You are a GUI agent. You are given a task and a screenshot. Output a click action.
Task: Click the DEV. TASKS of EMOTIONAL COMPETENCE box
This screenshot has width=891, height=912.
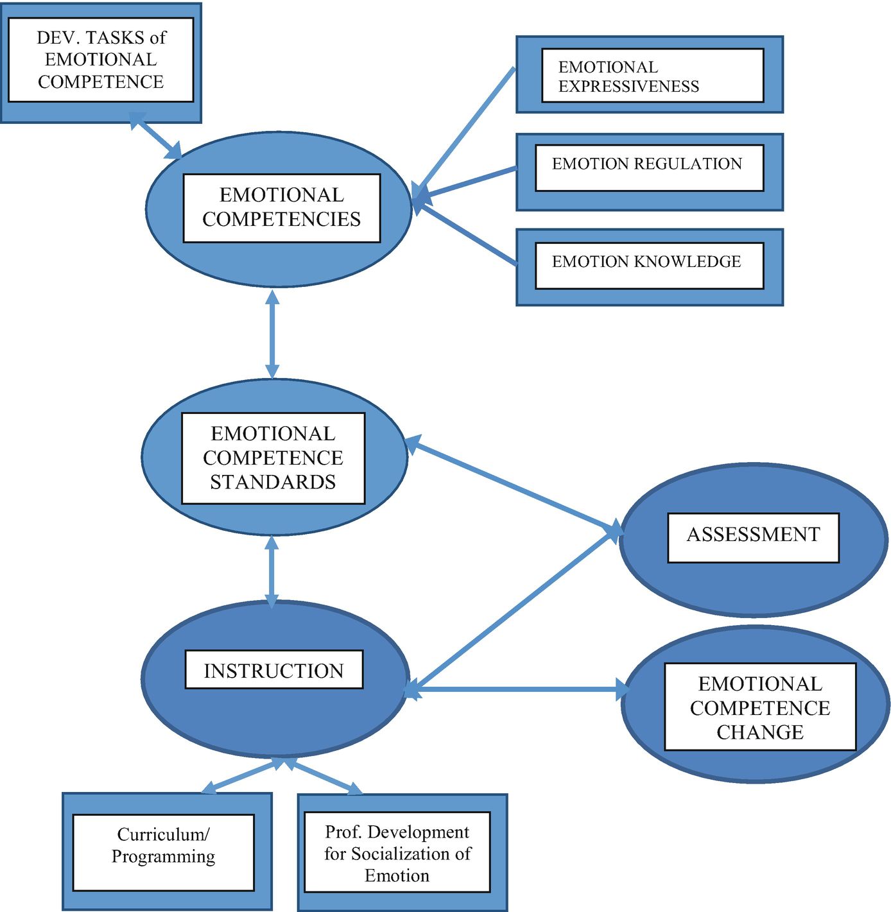101,60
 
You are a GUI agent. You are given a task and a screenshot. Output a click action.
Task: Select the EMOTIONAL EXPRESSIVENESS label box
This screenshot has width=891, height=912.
652,76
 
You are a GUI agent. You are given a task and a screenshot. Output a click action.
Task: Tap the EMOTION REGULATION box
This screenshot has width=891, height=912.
649,168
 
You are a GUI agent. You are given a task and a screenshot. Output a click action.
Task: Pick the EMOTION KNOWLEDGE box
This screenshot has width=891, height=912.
649,265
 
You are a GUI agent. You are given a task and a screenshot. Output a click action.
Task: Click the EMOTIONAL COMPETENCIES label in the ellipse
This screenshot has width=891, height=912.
281,208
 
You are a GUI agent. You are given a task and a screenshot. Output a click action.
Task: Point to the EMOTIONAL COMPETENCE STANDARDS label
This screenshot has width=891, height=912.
273,458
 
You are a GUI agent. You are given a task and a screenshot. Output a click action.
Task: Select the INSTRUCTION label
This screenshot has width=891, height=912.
273,670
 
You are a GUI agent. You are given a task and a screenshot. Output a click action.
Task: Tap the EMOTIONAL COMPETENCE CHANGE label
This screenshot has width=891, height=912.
760,707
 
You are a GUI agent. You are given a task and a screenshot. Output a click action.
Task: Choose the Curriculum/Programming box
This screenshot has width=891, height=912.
163,852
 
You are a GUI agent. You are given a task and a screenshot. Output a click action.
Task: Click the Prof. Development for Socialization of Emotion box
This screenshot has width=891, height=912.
397,852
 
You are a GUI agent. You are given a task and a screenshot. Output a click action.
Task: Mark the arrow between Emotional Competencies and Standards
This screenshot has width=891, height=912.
272,334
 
